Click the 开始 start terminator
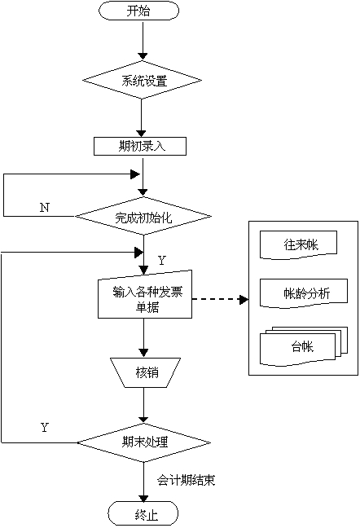tap(138, 11)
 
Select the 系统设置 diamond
tap(143, 80)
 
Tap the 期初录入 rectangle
tap(140, 146)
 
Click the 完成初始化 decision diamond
tap(143, 217)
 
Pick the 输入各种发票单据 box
tap(145, 294)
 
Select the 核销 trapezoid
tap(145, 372)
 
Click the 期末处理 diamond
tap(144, 442)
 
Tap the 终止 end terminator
tap(143, 514)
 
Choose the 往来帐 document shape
tap(298, 244)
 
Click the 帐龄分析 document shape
tap(304, 293)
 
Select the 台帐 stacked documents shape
tap(304, 346)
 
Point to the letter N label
tap(45, 208)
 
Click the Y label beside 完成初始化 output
tap(162, 260)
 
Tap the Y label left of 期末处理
tap(45, 427)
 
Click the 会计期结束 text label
tap(186, 480)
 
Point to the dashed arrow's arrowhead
tap(244, 299)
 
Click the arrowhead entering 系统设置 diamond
tap(143, 56)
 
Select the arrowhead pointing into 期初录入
tap(141, 133)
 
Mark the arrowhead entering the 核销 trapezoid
tap(143, 353)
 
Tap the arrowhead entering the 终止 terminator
tap(143, 498)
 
